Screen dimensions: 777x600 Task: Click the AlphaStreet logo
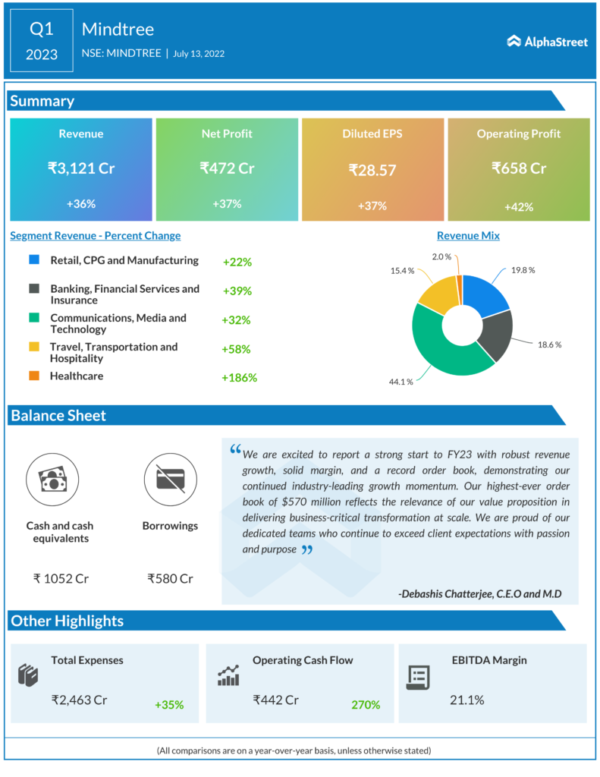pyautogui.click(x=547, y=42)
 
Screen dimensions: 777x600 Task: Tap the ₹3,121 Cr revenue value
pyautogui.click(x=81, y=168)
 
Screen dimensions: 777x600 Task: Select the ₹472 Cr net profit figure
pyautogui.click(x=227, y=168)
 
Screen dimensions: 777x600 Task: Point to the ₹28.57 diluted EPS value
pyautogui.click(x=372, y=170)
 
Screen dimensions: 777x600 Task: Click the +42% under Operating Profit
pyautogui.click(x=519, y=206)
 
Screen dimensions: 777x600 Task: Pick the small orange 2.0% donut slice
pyautogui.click(x=460, y=282)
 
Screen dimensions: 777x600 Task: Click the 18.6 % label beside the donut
pyautogui.click(x=549, y=344)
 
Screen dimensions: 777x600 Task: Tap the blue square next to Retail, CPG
pyautogui.click(x=33, y=260)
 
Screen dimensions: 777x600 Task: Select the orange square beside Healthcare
pyautogui.click(x=33, y=376)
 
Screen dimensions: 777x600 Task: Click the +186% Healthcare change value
pyautogui.click(x=239, y=377)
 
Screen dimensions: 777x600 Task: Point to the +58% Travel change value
pyautogui.click(x=236, y=349)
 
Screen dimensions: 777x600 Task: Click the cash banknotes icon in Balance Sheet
pyautogui.click(x=52, y=480)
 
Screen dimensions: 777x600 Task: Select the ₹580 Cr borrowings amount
pyautogui.click(x=170, y=578)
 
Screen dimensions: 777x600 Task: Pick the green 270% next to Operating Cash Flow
pyautogui.click(x=365, y=705)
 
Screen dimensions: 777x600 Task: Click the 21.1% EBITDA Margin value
pyautogui.click(x=466, y=700)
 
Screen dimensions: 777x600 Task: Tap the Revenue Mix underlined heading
pyautogui.click(x=468, y=236)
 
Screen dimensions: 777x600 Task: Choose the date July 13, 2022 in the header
pyautogui.click(x=198, y=54)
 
